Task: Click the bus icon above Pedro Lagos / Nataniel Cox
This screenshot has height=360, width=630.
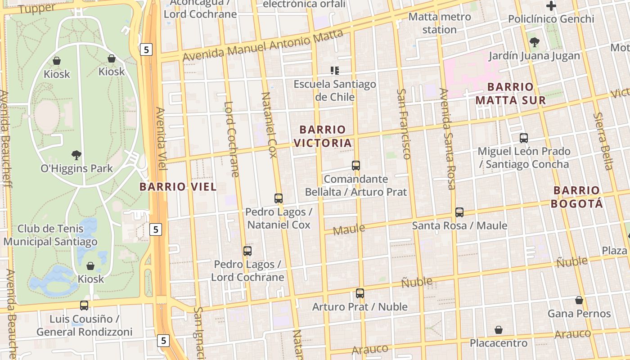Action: click(279, 198)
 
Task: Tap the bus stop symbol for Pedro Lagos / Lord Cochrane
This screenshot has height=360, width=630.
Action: click(247, 251)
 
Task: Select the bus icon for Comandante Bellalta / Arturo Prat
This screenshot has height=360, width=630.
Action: click(356, 165)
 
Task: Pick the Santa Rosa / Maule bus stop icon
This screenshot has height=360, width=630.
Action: click(459, 212)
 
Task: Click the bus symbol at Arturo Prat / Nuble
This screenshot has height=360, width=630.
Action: click(360, 293)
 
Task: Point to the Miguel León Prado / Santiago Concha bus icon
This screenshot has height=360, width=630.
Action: click(523, 138)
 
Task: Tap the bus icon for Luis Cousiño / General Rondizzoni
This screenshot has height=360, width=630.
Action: click(84, 305)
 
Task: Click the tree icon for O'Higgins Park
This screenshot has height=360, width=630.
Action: click(76, 155)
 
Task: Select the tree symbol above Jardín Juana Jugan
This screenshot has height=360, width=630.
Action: click(534, 42)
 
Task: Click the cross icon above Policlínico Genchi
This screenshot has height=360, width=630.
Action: click(551, 6)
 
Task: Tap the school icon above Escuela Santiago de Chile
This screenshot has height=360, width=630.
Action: click(334, 70)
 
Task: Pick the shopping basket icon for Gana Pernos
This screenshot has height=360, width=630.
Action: click(579, 300)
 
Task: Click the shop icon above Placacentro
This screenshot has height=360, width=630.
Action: click(498, 330)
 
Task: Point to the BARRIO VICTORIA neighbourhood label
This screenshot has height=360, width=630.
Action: click(322, 136)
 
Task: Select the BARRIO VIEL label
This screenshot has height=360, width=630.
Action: click(178, 187)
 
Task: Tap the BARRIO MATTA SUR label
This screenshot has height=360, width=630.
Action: click(511, 93)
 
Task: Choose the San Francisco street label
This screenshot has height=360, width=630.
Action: click(403, 124)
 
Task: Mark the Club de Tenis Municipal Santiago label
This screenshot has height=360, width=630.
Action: click(50, 235)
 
